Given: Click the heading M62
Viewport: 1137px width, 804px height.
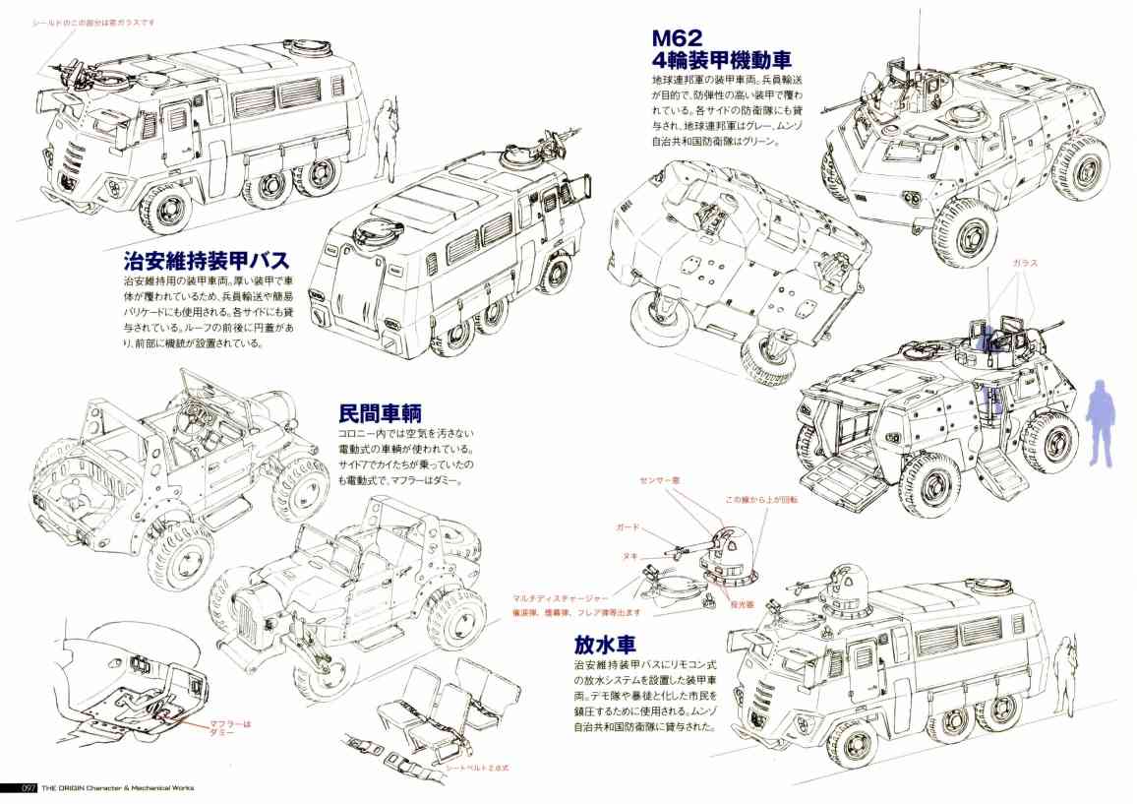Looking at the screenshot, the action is tap(678, 37).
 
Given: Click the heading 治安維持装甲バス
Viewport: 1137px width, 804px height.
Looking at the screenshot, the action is tap(207, 261).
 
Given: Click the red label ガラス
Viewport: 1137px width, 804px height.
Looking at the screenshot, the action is tap(1024, 264).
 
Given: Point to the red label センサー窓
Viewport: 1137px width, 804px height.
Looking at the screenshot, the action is tap(667, 479).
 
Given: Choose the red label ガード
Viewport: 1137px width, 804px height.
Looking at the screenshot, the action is tap(628, 527).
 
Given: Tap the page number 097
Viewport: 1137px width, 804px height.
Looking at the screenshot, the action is tap(18, 788).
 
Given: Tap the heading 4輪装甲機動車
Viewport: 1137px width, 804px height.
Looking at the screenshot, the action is tap(722, 60).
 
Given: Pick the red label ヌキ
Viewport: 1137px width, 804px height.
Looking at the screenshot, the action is tap(627, 556).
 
